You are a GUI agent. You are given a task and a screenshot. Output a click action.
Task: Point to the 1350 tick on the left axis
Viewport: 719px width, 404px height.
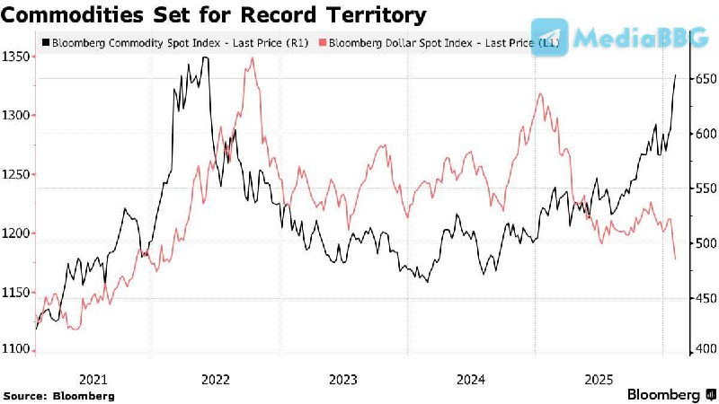click(x=15, y=57)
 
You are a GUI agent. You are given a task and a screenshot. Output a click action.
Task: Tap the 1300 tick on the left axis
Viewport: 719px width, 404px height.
click(x=15, y=115)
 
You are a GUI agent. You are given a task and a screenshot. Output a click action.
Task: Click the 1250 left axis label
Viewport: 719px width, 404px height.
click(x=15, y=174)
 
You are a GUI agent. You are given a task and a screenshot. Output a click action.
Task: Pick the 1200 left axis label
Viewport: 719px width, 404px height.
click(x=15, y=233)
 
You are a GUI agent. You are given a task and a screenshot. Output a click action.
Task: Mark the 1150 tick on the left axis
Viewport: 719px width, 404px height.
click(x=15, y=292)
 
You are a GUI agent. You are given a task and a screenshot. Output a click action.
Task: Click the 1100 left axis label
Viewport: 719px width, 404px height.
click(x=15, y=350)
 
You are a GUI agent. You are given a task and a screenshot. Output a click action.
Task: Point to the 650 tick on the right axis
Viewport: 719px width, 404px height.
click(x=703, y=79)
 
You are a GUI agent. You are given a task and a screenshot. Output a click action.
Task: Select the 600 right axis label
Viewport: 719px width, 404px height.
click(x=703, y=134)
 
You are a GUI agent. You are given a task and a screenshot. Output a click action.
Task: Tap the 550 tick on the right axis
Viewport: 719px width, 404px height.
click(x=703, y=189)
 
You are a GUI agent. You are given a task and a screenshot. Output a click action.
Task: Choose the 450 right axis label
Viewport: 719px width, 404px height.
click(x=703, y=298)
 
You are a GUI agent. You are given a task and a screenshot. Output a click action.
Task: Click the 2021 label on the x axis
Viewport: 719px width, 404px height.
click(x=93, y=378)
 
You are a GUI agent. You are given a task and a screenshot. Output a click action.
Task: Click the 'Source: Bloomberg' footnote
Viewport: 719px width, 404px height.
click(x=59, y=395)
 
